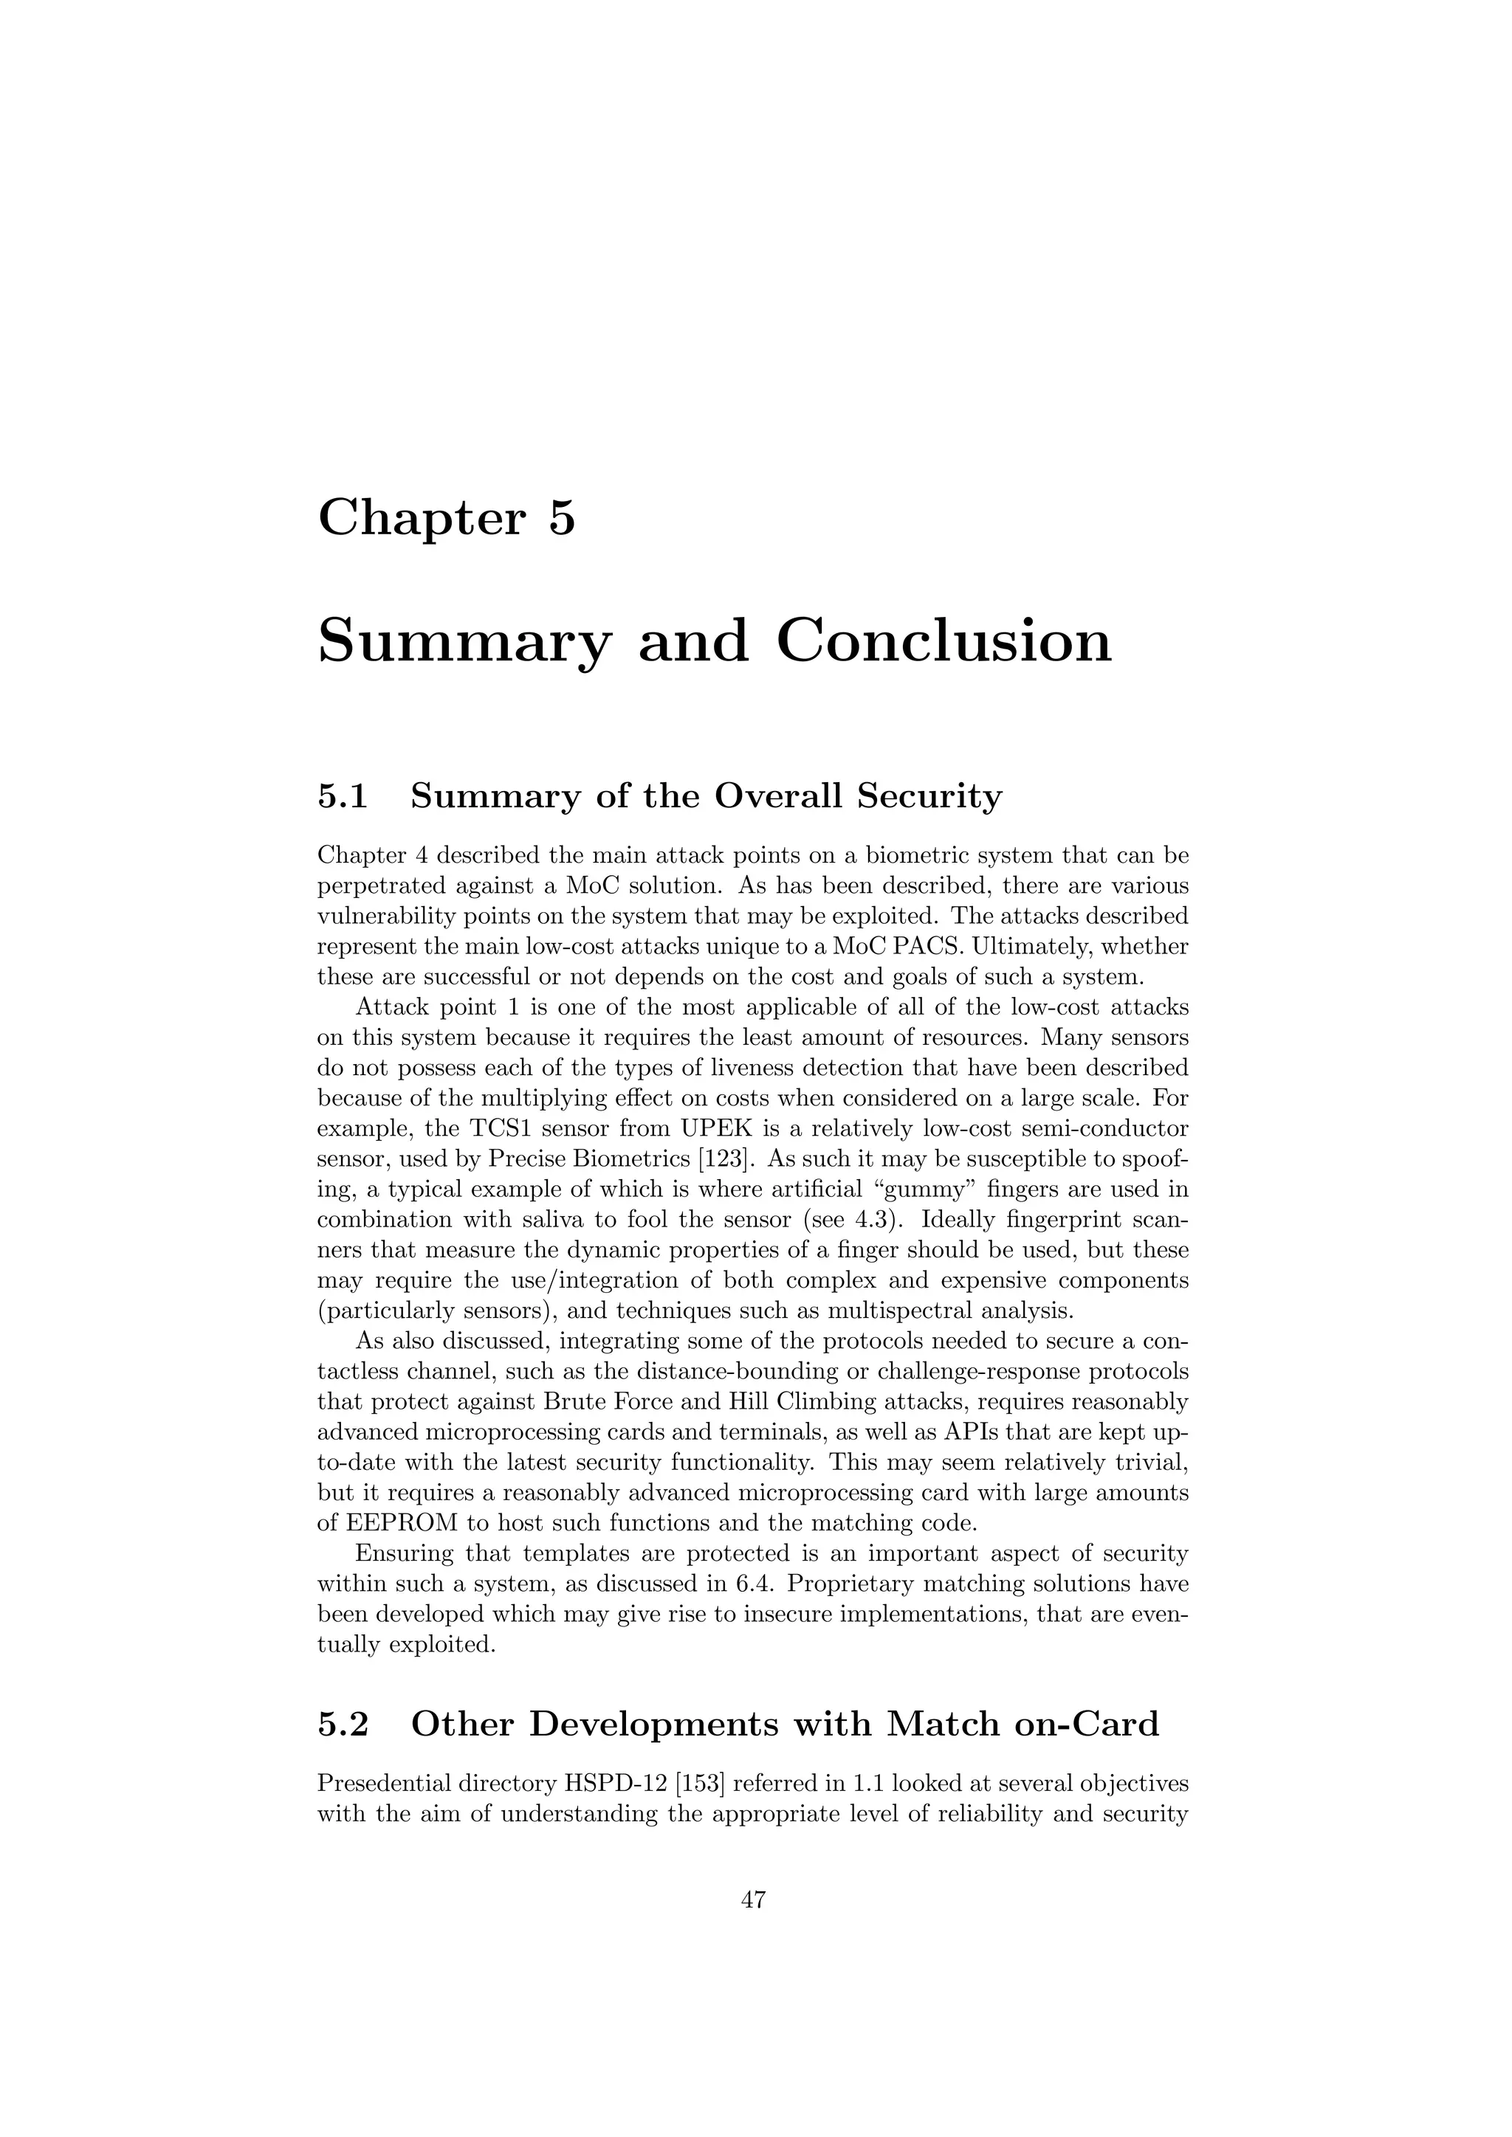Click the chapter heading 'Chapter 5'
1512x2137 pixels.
pos(447,519)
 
